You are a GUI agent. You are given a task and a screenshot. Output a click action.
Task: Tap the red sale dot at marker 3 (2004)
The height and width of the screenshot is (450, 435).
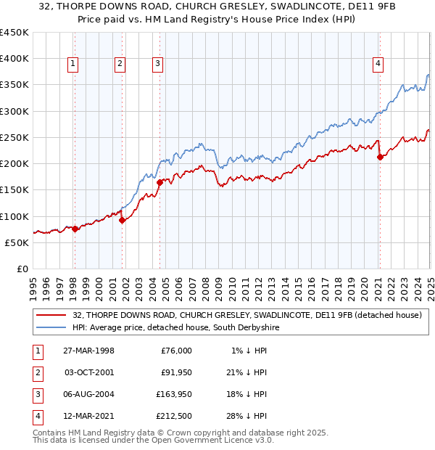coord(159,182)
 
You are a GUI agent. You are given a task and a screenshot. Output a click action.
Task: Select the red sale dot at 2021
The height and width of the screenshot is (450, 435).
coord(380,157)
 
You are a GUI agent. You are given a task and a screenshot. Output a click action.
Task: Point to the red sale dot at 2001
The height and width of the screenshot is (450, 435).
coord(122,220)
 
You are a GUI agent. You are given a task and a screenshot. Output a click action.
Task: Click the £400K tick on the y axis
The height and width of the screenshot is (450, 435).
coord(14,59)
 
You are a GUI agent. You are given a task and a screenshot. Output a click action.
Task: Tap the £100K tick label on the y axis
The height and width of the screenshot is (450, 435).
coord(14,216)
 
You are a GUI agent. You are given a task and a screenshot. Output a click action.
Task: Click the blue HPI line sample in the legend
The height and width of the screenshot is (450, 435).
coord(52,328)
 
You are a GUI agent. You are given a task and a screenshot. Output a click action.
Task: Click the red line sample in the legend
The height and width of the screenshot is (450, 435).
coord(52,315)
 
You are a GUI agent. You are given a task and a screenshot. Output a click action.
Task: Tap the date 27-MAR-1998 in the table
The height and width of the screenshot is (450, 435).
coord(88,351)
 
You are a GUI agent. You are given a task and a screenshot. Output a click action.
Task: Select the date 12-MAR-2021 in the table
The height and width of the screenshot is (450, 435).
coord(88,416)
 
